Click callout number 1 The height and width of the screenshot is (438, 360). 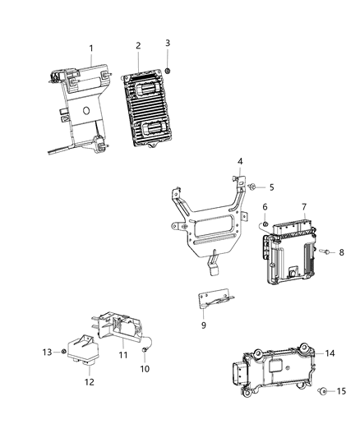pos(91,48)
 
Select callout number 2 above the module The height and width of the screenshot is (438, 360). pos(138,45)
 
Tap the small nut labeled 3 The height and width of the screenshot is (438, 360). pos(168,71)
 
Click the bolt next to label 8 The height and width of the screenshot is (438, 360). pos(324,252)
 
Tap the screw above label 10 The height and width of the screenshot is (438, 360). pos(145,351)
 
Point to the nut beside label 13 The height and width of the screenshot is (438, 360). pos(63,352)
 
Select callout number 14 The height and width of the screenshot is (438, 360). pos(330,353)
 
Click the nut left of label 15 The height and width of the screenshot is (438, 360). pos(323,392)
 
